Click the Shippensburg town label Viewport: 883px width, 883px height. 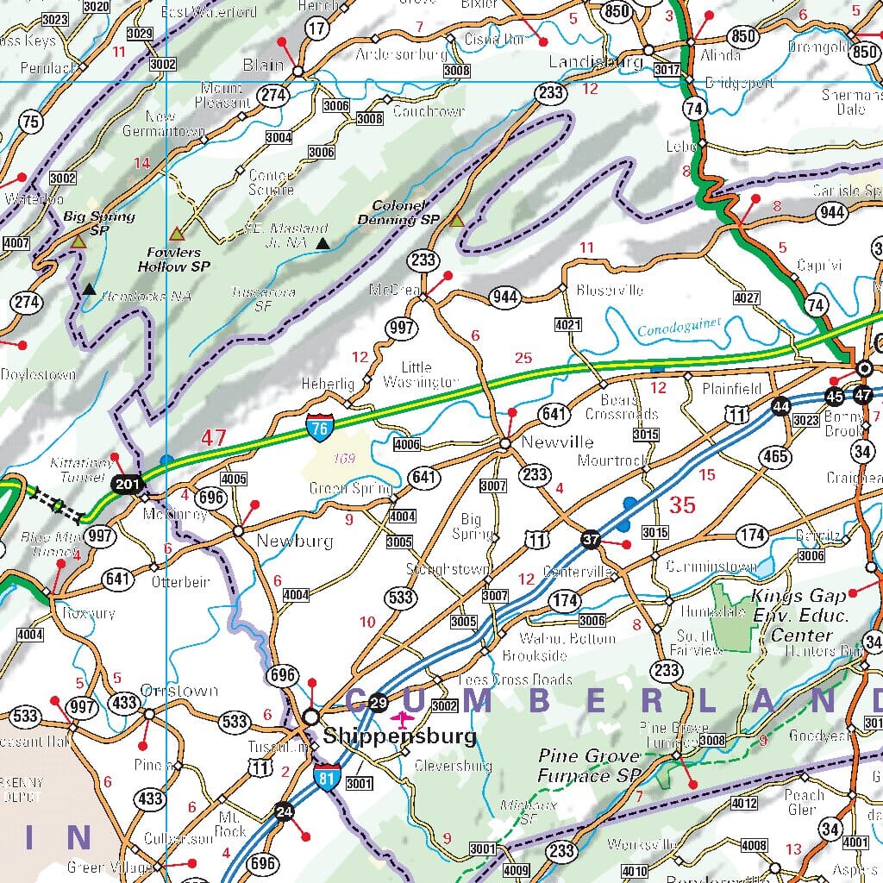point(399,737)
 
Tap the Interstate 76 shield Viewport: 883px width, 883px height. point(318,426)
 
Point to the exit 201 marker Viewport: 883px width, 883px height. point(126,485)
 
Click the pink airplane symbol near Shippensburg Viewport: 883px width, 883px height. point(402,718)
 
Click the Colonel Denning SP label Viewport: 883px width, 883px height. point(399,213)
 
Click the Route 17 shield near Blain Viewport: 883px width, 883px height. point(317,28)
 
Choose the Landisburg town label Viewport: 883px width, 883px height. point(595,62)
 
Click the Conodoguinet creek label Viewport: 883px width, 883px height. point(679,327)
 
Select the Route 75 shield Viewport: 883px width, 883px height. point(30,122)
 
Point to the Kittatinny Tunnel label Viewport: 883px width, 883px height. point(81,469)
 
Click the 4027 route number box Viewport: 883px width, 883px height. point(747,298)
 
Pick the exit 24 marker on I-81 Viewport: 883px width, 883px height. point(283,811)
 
